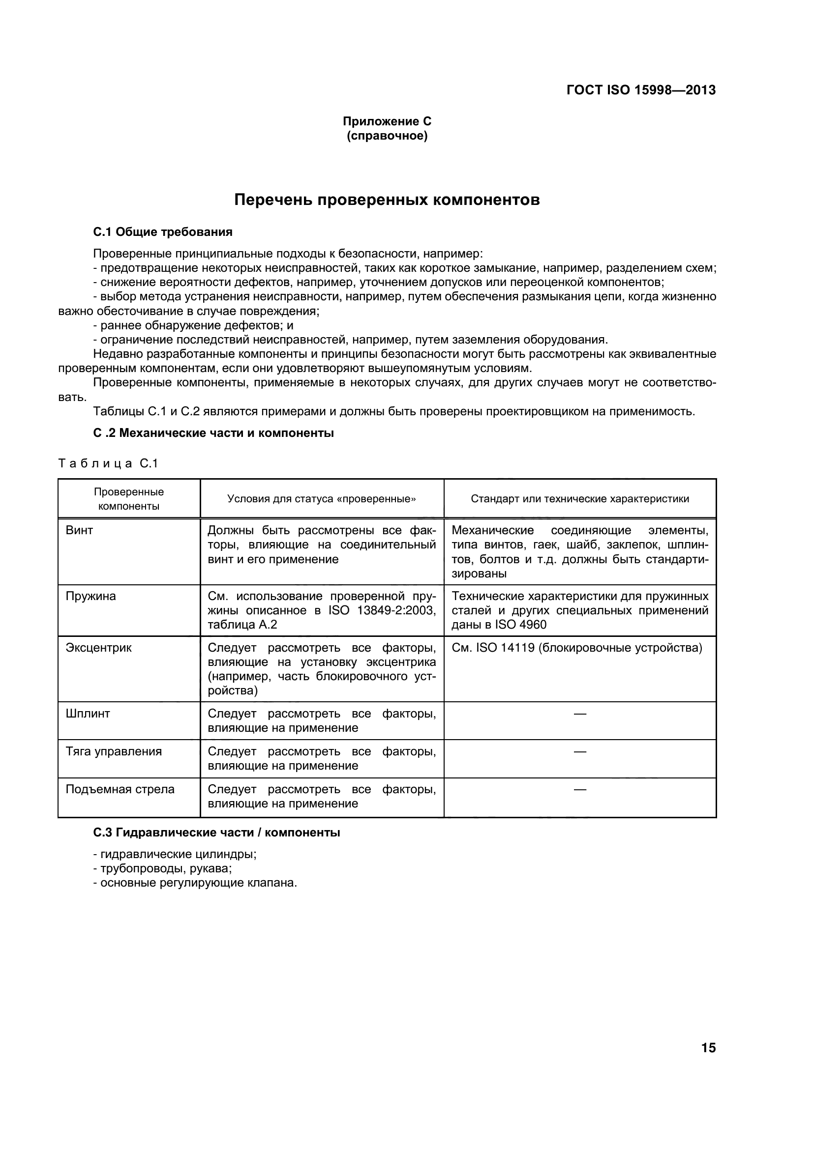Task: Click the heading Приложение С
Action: coord(387,121)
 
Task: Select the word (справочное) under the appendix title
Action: coord(387,136)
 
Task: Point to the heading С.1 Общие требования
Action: coord(163,231)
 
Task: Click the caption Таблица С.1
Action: coord(108,463)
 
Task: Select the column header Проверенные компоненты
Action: coord(129,498)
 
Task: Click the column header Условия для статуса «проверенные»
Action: coord(322,498)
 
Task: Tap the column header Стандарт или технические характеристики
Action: coord(579,498)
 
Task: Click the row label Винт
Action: coord(79,530)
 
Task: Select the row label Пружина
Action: coord(90,596)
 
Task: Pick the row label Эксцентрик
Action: coord(99,648)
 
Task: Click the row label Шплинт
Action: coord(88,714)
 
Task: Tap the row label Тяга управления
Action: coord(114,751)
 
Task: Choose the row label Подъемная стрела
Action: coord(120,789)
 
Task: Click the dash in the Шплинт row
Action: coord(579,714)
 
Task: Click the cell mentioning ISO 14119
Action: coord(576,648)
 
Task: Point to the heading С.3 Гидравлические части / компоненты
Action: coord(216,832)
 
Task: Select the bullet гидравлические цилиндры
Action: coord(178,854)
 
